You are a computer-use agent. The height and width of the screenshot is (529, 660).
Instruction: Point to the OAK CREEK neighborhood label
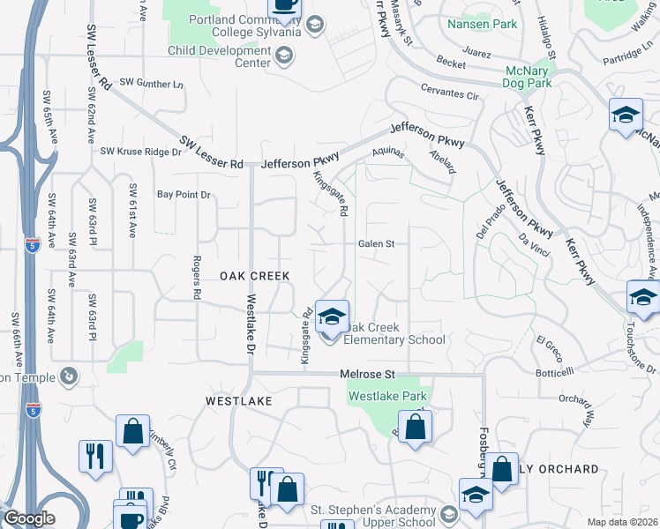pos(255,276)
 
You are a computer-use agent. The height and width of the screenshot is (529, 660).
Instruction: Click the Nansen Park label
pos(483,24)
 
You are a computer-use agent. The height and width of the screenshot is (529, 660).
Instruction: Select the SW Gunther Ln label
pos(151,85)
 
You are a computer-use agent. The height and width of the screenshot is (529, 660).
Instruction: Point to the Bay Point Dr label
pos(184,194)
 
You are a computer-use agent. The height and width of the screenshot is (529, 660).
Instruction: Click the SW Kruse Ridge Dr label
pos(140,152)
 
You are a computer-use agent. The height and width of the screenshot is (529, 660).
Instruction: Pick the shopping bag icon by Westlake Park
pos(416,428)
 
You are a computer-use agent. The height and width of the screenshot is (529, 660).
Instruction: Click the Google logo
pos(29,519)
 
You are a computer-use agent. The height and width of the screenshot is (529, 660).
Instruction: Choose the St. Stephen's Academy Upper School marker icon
pos(449,515)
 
